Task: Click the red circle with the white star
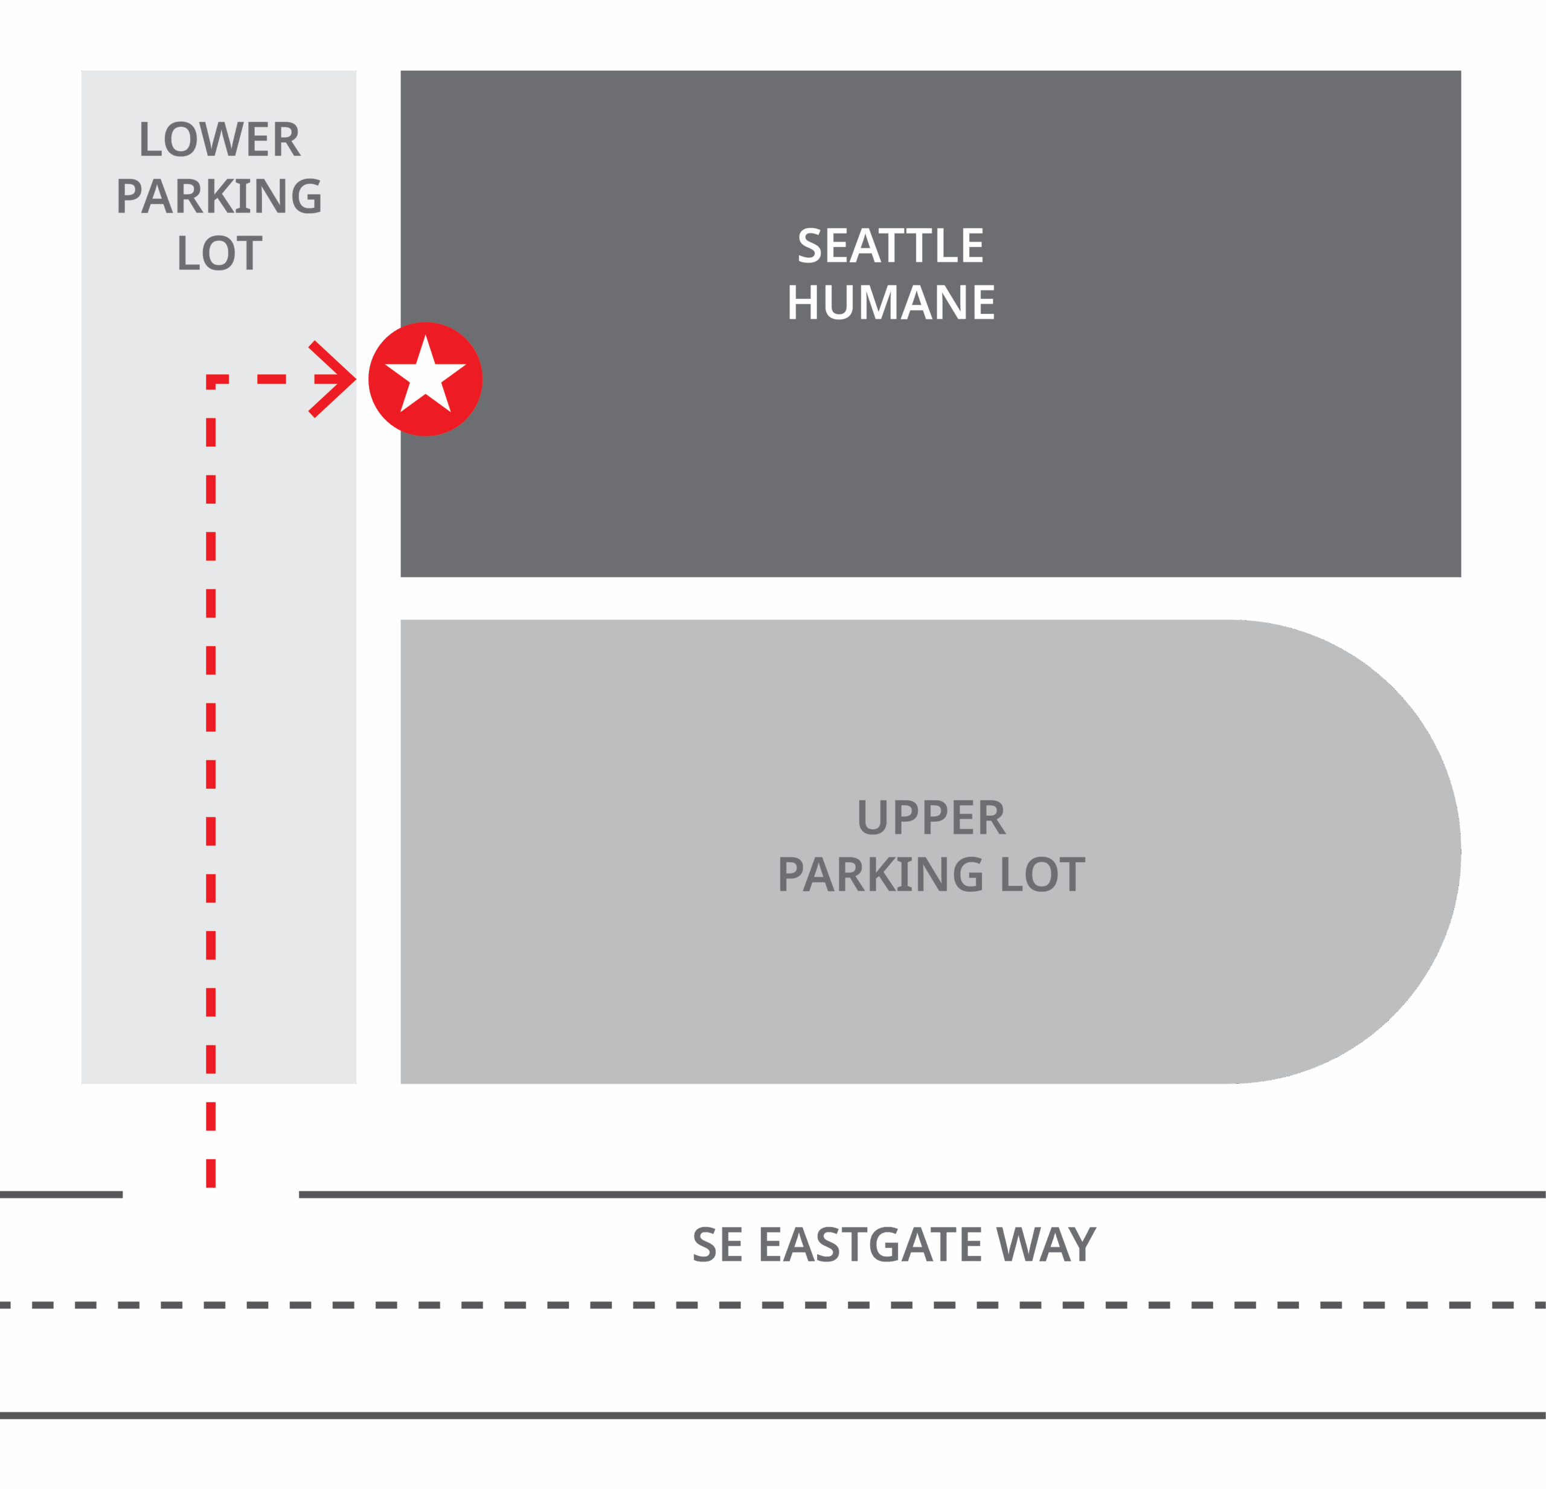coord(425,379)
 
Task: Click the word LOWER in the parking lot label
coord(219,139)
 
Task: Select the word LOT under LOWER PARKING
coord(219,254)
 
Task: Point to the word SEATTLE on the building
coord(891,246)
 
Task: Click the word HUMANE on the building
coord(891,303)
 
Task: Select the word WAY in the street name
coord(1045,1244)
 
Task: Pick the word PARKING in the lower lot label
coord(219,196)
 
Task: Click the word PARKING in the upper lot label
coord(880,876)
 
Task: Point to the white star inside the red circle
coord(425,377)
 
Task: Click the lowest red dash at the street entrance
coord(211,1173)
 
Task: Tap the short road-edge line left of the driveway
coord(61,1195)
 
